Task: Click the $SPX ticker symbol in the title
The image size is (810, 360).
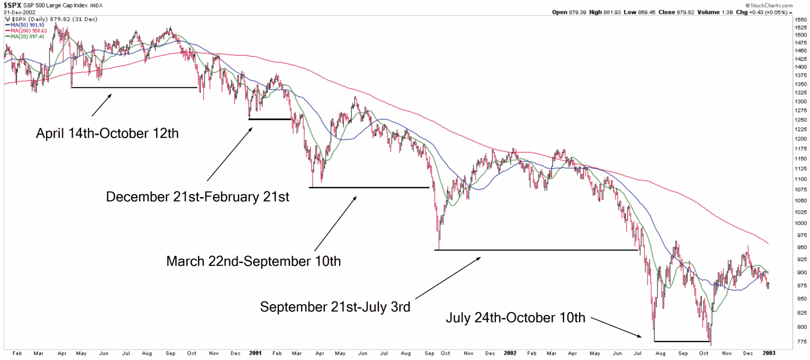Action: click(13, 5)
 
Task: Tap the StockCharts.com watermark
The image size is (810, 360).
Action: click(769, 5)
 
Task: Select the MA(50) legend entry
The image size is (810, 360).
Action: click(27, 25)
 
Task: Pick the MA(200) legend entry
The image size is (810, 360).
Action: click(28, 31)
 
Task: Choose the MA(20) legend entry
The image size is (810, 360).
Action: click(27, 37)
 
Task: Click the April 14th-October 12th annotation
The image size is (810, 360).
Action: click(107, 133)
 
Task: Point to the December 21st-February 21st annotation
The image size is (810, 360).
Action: click(197, 197)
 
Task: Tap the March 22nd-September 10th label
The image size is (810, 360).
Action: click(254, 261)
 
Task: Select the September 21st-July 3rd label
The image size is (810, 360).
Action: click(335, 307)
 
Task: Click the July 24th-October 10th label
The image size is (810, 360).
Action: click(516, 317)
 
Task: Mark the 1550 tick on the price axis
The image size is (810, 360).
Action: click(800, 20)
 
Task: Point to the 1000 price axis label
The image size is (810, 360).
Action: click(800, 223)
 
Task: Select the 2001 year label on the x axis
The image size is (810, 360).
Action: click(255, 353)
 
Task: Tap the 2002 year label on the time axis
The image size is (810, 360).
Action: click(510, 353)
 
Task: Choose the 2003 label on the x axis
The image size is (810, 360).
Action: click(769, 353)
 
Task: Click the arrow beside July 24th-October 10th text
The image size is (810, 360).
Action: click(616, 327)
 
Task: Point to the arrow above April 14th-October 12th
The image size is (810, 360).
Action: click(102, 105)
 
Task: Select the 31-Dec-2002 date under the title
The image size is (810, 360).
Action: click(20, 12)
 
